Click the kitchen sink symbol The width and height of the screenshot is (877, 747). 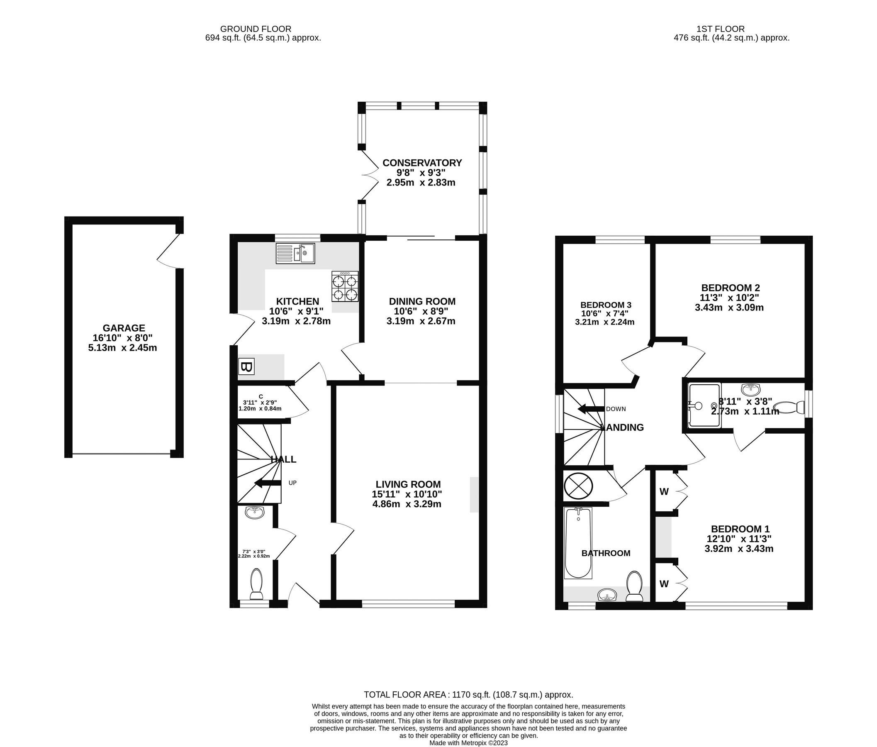coord(295,253)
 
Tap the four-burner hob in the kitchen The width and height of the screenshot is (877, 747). coord(345,287)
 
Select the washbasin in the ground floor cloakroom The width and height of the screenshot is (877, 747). coord(254,513)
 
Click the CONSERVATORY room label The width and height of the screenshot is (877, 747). coord(422,163)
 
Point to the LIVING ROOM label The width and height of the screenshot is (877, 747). coord(408,484)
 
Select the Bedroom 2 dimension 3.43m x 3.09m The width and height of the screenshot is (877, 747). coord(729,308)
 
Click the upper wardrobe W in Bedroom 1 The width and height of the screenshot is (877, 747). coord(664,492)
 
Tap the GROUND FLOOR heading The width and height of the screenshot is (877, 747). coord(256,29)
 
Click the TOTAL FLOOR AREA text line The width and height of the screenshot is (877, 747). coord(468,695)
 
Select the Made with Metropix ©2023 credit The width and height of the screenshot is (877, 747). coord(468,743)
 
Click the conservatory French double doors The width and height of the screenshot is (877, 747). coord(369,175)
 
